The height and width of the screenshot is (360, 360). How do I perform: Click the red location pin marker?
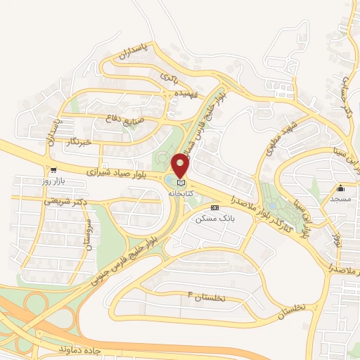[x=181, y=165]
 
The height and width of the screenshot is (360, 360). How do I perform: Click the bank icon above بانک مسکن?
[x=214, y=207]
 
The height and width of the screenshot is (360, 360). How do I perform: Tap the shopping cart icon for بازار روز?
[x=53, y=170]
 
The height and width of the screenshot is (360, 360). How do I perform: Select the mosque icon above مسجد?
[x=341, y=188]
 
